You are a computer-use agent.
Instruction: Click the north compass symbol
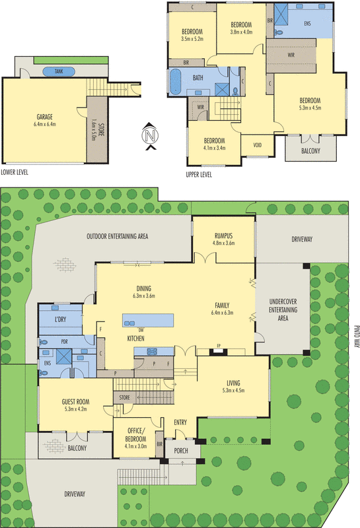point(150,135)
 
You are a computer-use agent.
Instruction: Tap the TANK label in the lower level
point(59,72)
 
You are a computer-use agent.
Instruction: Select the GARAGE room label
point(45,117)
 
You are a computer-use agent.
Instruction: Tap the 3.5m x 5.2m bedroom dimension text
point(192,39)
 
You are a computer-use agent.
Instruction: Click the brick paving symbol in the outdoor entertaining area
point(65,265)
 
